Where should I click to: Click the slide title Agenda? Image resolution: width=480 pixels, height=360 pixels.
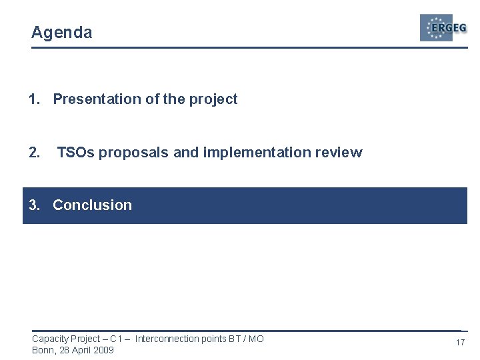[x=61, y=33]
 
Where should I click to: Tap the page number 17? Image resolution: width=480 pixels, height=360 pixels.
[x=459, y=343]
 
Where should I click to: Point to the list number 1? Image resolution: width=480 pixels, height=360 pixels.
[x=34, y=99]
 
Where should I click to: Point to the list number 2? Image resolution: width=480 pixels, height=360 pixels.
[x=35, y=153]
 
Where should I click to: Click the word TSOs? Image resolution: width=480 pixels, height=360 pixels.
[x=74, y=153]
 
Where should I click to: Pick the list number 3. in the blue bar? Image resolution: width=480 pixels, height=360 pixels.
[x=35, y=205]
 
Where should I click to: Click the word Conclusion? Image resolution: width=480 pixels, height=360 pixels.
[x=92, y=205]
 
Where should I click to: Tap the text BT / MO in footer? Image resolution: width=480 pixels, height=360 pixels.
[x=246, y=339]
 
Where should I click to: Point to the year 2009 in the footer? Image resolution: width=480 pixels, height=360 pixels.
[x=103, y=350]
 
